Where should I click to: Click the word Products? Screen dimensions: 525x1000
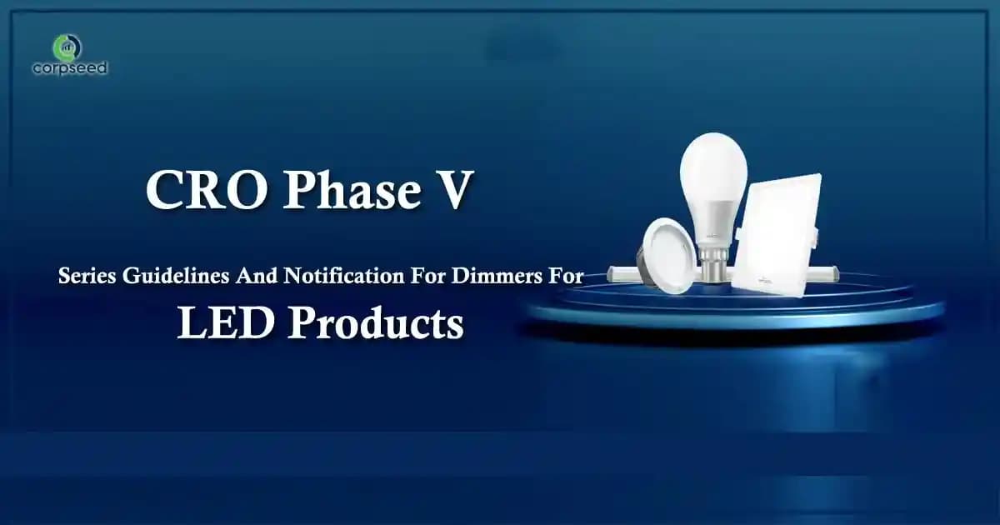click(x=375, y=323)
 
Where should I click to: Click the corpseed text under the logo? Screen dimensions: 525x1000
click(x=70, y=68)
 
